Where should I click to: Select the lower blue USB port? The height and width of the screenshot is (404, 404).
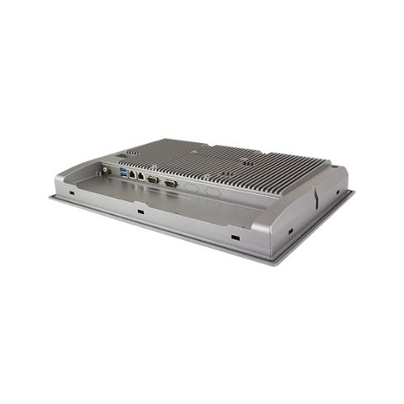[123, 175]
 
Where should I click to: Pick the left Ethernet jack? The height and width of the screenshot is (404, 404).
[133, 175]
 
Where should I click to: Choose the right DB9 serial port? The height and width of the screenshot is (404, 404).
[170, 183]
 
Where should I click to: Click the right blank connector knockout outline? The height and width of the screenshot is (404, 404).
[212, 191]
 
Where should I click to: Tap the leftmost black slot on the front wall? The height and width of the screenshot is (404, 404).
[71, 194]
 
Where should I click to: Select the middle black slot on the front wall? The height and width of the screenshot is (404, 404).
[141, 213]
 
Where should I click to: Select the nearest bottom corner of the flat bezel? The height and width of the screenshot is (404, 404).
[275, 263]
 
